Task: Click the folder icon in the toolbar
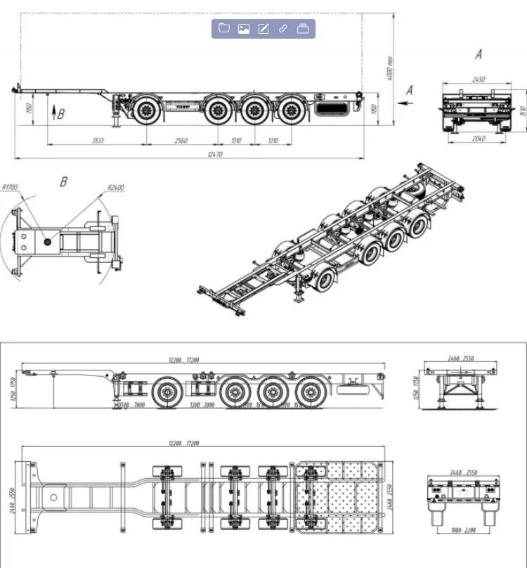click(224, 29)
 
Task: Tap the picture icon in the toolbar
click(244, 29)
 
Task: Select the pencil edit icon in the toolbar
click(263, 29)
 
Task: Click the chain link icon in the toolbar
click(283, 29)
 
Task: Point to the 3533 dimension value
click(98, 141)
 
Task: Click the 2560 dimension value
click(181, 141)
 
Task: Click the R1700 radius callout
click(11, 187)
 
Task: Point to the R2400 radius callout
click(116, 187)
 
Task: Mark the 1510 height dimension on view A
click(523, 110)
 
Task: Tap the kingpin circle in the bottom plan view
click(53, 497)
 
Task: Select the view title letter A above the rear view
click(479, 54)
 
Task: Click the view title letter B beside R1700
click(63, 182)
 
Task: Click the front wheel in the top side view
click(148, 110)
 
